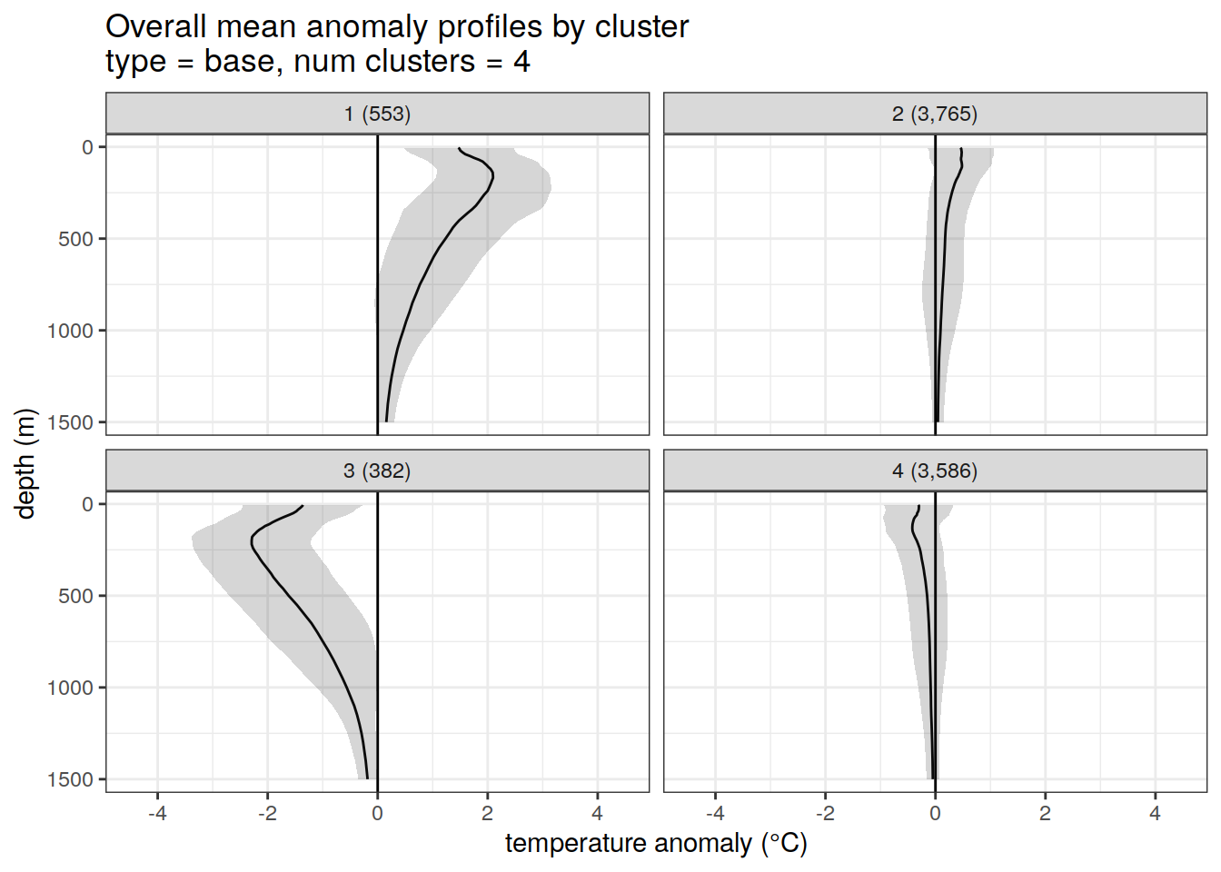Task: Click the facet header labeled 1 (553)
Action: [x=377, y=114]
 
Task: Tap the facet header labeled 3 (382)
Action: [x=377, y=471]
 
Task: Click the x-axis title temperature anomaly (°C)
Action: [x=656, y=843]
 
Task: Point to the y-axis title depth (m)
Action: [x=25, y=463]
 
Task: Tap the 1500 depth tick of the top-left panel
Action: [x=76, y=422]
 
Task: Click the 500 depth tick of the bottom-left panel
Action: [x=82, y=596]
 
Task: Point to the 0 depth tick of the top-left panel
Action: [x=88, y=147]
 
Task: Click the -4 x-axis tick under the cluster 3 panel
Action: [x=157, y=813]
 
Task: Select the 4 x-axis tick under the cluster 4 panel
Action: [x=1155, y=813]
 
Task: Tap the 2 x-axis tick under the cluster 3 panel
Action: [x=488, y=813]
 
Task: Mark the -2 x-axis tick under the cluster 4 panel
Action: [x=824, y=813]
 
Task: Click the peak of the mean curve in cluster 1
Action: [x=492, y=176]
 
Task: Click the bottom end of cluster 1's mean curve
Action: [x=386, y=421]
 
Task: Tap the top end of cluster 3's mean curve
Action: [x=303, y=506]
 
